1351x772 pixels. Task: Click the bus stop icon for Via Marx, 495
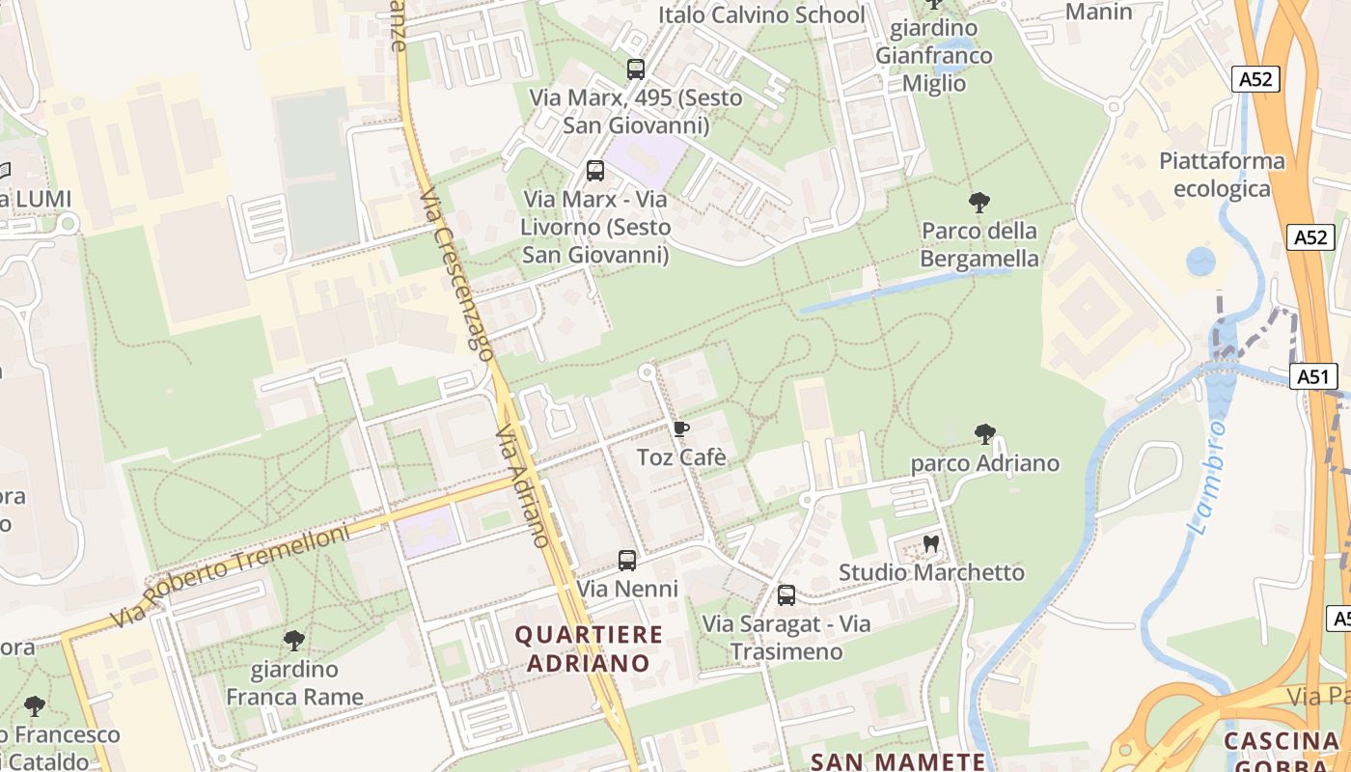635,69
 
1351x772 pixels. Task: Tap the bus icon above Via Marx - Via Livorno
595,172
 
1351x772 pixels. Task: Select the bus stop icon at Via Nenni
627,561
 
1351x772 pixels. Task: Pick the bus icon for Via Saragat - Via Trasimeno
786,595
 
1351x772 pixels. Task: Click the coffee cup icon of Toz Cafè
681,428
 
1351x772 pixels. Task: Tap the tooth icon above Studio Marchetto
931,543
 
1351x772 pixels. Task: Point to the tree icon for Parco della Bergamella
979,203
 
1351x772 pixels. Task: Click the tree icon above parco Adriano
984,434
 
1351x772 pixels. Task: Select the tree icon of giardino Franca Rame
294,641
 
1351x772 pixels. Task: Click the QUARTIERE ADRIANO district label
589,648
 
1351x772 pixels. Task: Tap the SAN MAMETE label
897,761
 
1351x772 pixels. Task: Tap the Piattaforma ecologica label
1222,175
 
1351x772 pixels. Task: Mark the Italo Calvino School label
761,14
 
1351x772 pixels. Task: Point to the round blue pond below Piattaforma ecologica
1200,262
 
